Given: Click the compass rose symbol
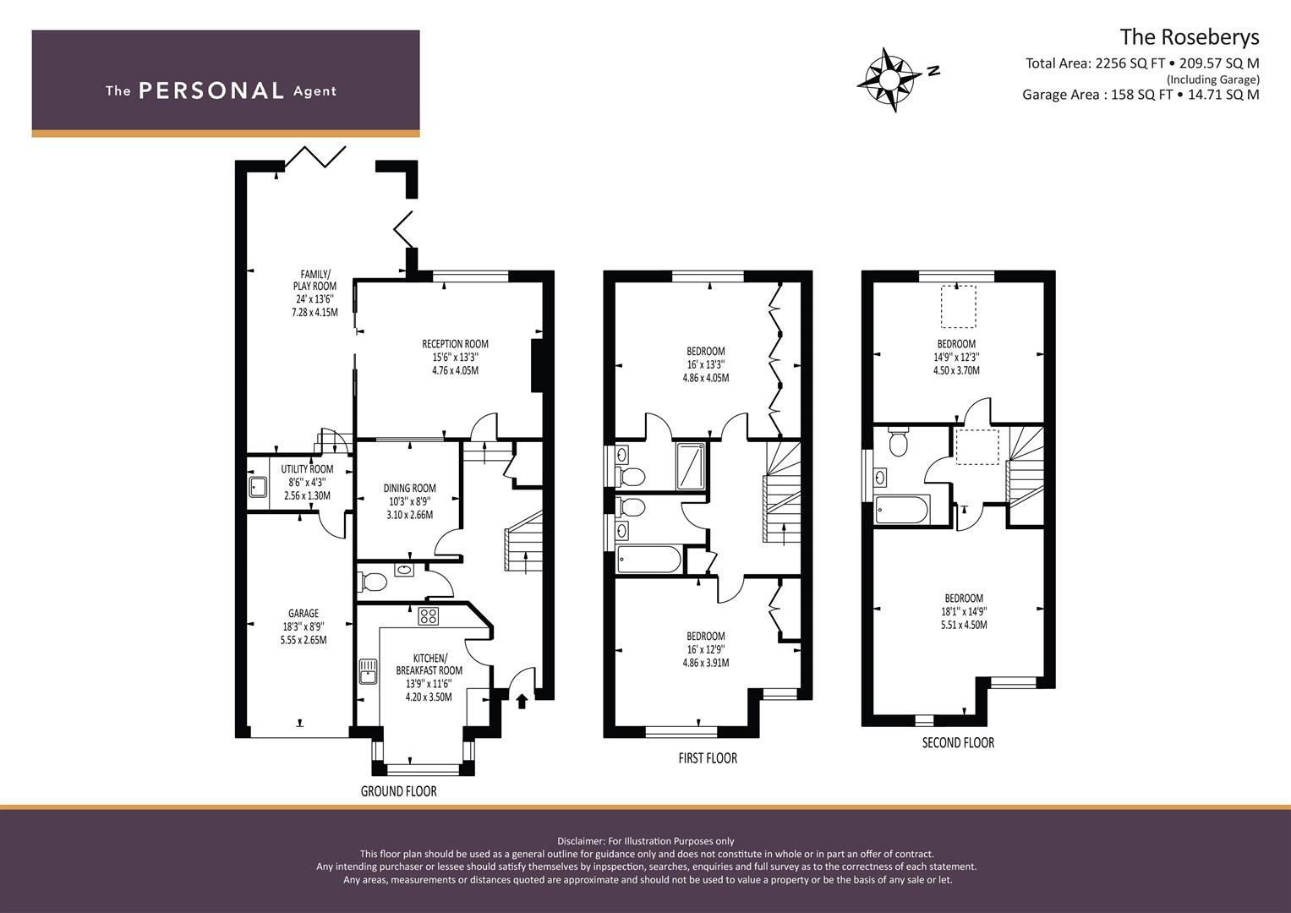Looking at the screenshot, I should (890, 79).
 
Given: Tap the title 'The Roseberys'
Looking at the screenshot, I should (1189, 37).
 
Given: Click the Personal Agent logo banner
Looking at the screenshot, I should (226, 83).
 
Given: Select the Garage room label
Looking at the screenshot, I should (303, 626).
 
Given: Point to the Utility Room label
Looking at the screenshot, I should (307, 482).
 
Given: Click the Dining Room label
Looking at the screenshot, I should (409, 501).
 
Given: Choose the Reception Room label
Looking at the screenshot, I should (455, 357).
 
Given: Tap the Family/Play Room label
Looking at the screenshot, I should (315, 292).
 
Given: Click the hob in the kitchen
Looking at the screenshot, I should (428, 616).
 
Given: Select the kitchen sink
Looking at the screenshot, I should (369, 671).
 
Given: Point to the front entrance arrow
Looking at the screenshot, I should (522, 700).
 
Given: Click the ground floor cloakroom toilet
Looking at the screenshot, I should (373, 582).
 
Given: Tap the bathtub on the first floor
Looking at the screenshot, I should (648, 560).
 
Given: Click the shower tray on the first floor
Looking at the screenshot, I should (692, 465).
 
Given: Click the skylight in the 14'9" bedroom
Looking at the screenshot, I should (958, 306).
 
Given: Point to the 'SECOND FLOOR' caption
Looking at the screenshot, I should (958, 743).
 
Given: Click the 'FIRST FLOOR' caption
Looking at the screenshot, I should (708, 758).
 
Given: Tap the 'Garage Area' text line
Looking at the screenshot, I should (1140, 95).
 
